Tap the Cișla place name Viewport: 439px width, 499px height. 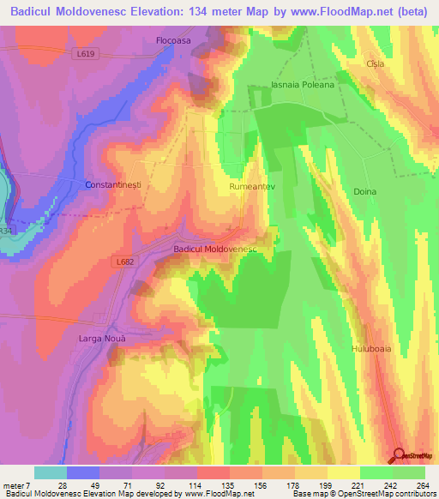[x=375, y=64]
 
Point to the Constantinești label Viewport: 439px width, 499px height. [x=112, y=185]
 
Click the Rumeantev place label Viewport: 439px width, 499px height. [x=252, y=185]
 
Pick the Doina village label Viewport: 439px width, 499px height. [x=364, y=192]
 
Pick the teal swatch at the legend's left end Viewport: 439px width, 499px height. [x=51, y=472]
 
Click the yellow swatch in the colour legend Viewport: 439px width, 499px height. [x=344, y=472]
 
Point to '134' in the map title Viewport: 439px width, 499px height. [x=201, y=11]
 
